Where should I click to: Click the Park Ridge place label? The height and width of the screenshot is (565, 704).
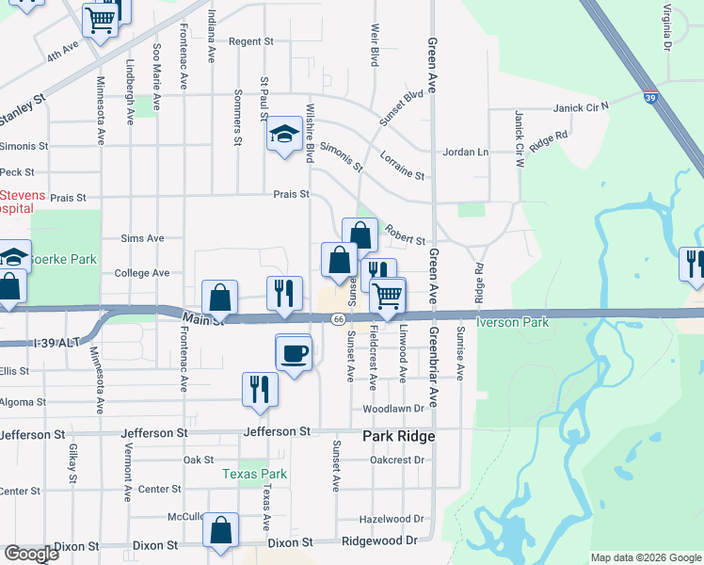tap(399, 437)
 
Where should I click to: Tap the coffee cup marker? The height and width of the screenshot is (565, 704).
tap(294, 353)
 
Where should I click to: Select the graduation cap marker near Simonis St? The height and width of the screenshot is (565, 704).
tap(283, 135)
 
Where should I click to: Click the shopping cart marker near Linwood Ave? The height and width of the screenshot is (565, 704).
tap(387, 296)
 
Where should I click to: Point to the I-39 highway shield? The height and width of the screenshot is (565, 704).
tap(650, 96)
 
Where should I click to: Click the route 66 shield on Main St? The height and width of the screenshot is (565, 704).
tap(337, 320)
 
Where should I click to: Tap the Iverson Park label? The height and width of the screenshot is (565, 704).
tap(514, 322)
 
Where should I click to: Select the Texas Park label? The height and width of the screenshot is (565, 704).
tap(254, 475)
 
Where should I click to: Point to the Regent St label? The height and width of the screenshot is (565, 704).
tap(250, 41)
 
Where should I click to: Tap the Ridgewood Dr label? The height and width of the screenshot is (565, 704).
tap(378, 541)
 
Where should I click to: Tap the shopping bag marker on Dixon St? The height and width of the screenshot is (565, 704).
tap(220, 531)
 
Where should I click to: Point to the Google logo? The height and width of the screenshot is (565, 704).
tap(31, 554)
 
